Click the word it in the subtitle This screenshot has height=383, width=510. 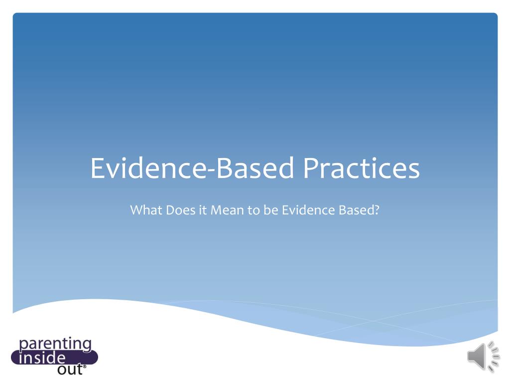point(202,210)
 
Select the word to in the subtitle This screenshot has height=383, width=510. point(254,210)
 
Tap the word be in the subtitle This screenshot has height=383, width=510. point(271,210)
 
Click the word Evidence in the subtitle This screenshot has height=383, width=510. point(307,210)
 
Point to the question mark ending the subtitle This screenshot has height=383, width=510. point(377,210)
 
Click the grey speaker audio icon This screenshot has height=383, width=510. point(483,357)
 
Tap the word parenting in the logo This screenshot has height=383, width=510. point(55,344)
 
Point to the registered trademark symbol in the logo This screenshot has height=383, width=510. point(84,367)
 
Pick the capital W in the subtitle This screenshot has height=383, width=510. point(137,210)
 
